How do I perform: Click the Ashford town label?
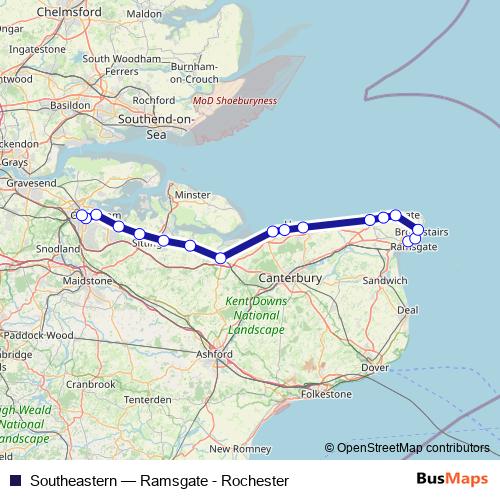(x=214, y=354)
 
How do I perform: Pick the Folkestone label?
(x=326, y=394)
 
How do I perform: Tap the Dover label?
(x=374, y=368)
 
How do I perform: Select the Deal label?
(x=407, y=310)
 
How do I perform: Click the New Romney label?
(x=234, y=449)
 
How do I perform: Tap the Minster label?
(x=193, y=195)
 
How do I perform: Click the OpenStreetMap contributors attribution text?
(x=410, y=448)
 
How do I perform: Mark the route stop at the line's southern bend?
(x=222, y=259)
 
